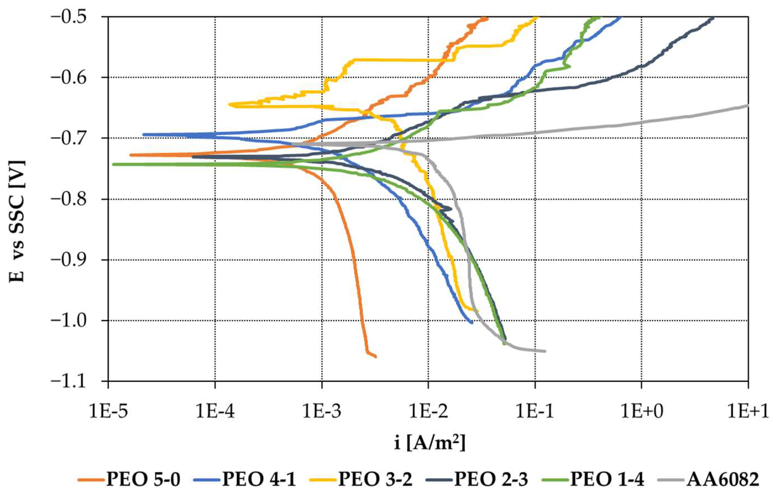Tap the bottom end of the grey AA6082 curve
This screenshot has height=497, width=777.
click(x=545, y=351)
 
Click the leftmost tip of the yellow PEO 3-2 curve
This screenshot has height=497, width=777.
click(x=230, y=104)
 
